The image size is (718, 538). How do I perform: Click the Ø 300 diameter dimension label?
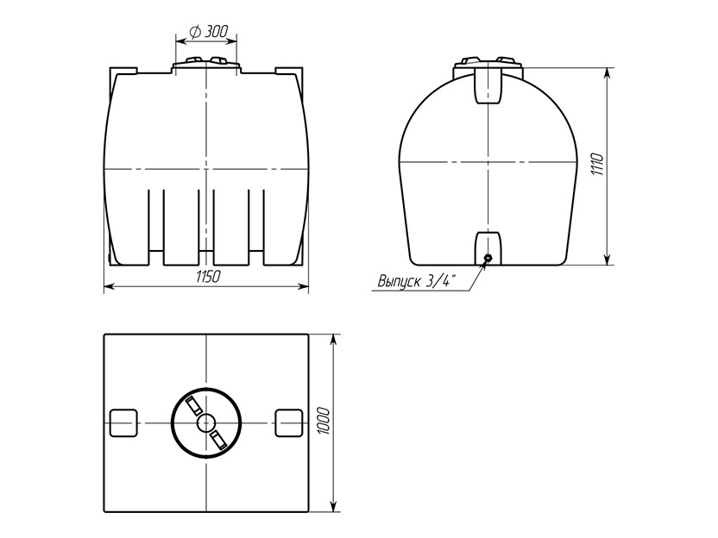click(x=208, y=32)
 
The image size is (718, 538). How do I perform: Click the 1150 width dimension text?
click(x=208, y=277)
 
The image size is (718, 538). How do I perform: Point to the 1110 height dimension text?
click(x=597, y=165)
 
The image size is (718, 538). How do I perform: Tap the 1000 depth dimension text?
click(x=324, y=421)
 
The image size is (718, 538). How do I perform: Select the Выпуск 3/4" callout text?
click(x=417, y=281)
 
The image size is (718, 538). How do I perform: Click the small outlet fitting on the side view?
click(x=488, y=259)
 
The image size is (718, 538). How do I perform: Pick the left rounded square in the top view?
click(x=123, y=422)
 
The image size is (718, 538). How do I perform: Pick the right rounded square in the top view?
click(x=288, y=422)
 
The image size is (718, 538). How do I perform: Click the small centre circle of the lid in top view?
click(x=206, y=422)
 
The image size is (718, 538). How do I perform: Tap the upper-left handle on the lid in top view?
click(x=193, y=406)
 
